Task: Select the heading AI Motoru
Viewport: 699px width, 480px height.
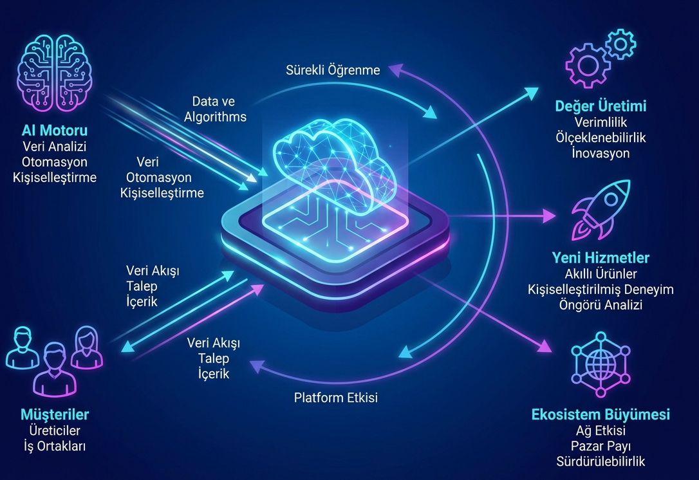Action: [x=54, y=131]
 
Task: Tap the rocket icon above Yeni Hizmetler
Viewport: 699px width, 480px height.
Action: [x=601, y=208]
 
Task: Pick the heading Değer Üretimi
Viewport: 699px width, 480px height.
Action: [x=601, y=106]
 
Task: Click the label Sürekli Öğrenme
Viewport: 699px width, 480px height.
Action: [x=333, y=70]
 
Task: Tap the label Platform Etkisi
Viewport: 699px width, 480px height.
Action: [x=336, y=398]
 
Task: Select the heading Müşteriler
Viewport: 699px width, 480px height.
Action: [x=55, y=414]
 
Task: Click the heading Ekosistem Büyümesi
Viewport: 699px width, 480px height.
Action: [x=601, y=414]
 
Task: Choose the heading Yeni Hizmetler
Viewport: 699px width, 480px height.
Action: [x=601, y=258]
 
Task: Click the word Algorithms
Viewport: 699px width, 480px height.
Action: [x=215, y=116]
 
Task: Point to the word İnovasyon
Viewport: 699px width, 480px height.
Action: [x=601, y=153]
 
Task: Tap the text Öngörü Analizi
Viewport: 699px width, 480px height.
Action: [x=601, y=305]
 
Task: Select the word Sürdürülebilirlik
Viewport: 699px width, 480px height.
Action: [x=601, y=461]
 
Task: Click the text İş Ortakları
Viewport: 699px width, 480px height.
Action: [x=55, y=446]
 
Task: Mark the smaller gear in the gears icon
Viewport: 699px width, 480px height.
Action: [x=620, y=44]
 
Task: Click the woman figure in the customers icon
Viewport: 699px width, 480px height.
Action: [x=86, y=347]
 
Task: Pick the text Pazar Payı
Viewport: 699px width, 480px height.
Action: [x=601, y=445]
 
